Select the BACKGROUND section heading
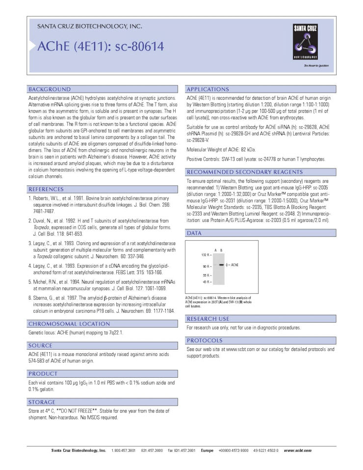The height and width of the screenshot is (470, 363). [50, 89]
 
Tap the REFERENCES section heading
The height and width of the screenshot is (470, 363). [46, 189]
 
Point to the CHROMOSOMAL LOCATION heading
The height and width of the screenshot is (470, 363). [69, 324]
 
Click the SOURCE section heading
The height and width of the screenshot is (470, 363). [41, 345]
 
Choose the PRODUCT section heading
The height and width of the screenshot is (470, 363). [43, 373]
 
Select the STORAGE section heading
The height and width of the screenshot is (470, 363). [42, 402]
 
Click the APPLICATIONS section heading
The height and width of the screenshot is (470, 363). [208, 89]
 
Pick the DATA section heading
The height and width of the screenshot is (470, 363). [195, 233]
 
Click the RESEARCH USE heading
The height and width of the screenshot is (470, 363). [208, 319]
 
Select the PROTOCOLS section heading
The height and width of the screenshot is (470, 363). [205, 340]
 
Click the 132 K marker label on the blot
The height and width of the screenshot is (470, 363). [206, 255]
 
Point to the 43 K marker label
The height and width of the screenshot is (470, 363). [207, 282]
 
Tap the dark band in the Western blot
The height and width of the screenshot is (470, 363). [221, 265]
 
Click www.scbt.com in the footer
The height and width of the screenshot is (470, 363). [297, 450]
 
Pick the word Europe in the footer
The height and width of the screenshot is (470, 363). [207, 450]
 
